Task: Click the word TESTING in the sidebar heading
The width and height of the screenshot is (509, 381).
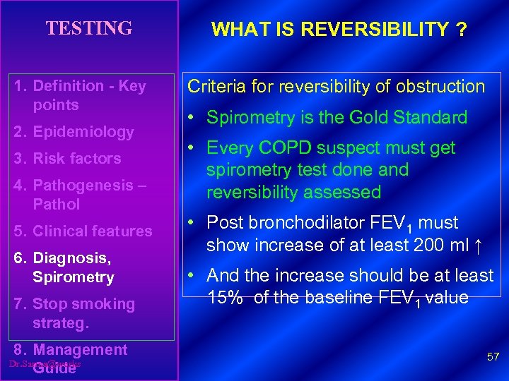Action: pos(89,28)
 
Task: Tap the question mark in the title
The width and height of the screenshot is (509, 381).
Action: pos(462,30)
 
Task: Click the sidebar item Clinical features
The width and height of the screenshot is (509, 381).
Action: pos(92,231)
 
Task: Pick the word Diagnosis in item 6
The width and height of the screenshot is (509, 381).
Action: pos(71,258)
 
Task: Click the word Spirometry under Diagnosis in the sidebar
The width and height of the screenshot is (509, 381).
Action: pos(73,277)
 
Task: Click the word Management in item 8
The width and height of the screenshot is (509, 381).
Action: pos(80,349)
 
